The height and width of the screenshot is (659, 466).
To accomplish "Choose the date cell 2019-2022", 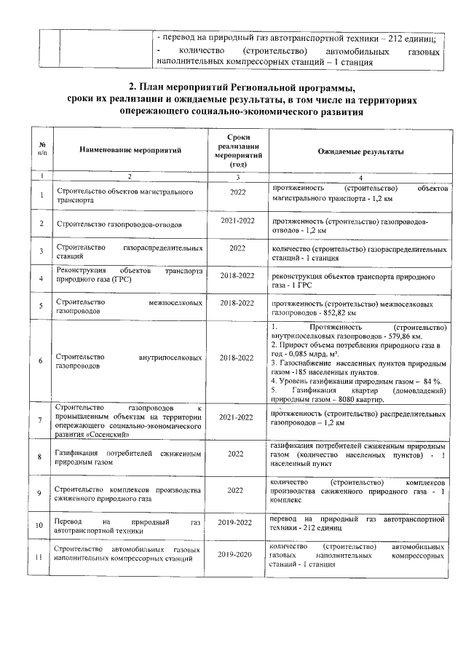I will pyautogui.click(x=237, y=523).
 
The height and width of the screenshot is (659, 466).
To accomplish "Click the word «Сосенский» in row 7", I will pyautogui.click(x=110, y=435).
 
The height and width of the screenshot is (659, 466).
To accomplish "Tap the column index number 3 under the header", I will pyautogui.click(x=237, y=177).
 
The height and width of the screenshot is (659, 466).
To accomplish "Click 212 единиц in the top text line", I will pyautogui.click(x=412, y=38).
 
